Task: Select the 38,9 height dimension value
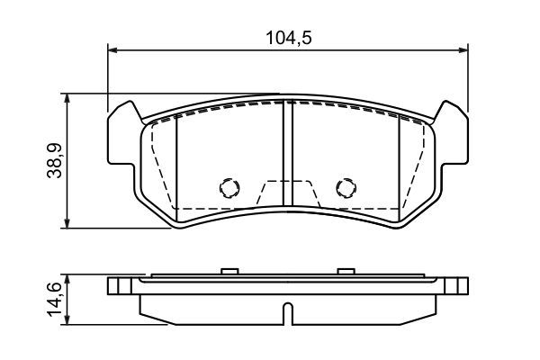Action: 53,160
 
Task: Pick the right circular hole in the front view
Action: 345,187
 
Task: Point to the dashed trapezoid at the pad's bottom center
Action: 287,193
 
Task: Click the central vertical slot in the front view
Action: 287,153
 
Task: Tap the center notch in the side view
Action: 287,314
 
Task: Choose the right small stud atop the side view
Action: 345,270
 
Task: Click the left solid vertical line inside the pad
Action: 176,162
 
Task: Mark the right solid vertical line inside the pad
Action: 398,162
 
